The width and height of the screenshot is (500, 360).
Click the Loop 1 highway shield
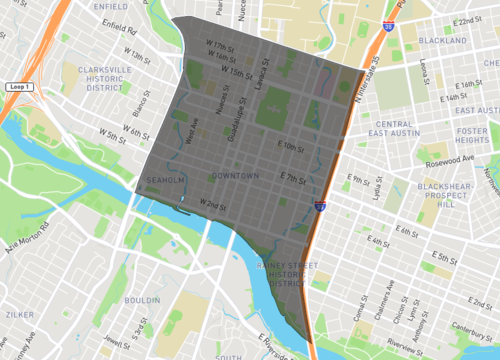19,87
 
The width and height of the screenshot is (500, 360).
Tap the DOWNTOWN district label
235,176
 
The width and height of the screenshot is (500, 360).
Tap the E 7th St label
292,178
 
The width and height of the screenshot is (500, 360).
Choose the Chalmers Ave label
386,301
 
